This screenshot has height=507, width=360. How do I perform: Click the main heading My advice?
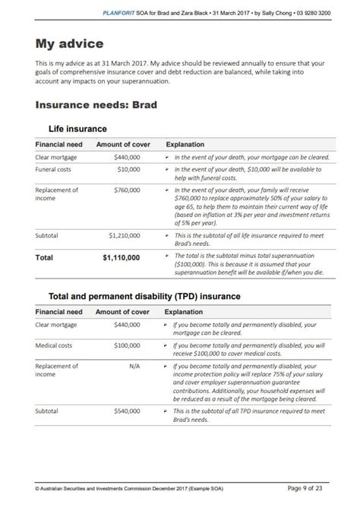pos(69,44)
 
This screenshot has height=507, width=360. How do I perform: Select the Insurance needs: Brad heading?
pos(96,105)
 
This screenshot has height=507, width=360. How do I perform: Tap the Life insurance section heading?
pos(77,129)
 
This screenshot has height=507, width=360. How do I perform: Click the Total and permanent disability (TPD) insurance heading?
pos(144,295)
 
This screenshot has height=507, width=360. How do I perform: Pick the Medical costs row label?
pos(55,345)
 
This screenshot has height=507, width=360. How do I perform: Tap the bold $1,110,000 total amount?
pos(121,257)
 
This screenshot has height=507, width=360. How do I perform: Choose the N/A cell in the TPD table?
pos(134,366)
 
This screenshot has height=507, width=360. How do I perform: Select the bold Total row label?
pos(45,257)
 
